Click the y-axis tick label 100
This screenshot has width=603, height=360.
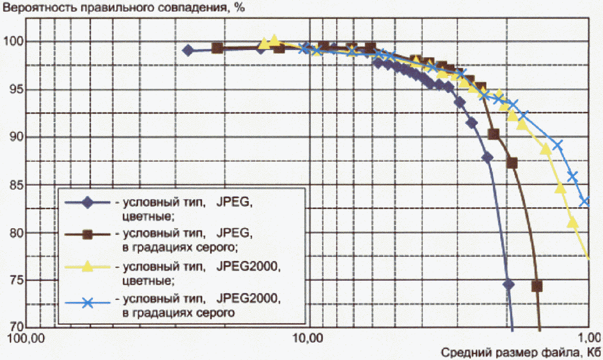[x=13, y=42]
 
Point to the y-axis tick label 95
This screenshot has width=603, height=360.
[x=16, y=89]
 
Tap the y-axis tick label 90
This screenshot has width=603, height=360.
[x=16, y=137]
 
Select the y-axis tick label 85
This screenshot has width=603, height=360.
[x=16, y=185]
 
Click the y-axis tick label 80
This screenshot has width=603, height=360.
[x=16, y=233]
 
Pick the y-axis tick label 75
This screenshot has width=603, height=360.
[x=16, y=280]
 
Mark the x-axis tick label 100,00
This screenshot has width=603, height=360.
[x=26, y=338]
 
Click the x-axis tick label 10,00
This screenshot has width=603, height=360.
[x=308, y=338]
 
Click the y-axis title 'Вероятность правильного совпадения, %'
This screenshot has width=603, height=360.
[x=124, y=7]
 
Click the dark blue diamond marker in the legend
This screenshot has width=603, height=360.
[x=88, y=202]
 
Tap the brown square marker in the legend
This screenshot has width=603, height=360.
[x=87, y=234]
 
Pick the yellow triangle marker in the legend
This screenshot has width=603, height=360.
[x=87, y=266]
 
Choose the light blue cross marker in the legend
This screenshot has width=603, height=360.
[x=88, y=302]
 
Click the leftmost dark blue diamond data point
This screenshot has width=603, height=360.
[x=188, y=50]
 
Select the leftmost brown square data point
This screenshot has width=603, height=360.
[x=217, y=48]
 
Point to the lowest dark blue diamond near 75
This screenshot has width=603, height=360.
[x=508, y=284]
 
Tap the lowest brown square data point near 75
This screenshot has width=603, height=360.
[x=537, y=286]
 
